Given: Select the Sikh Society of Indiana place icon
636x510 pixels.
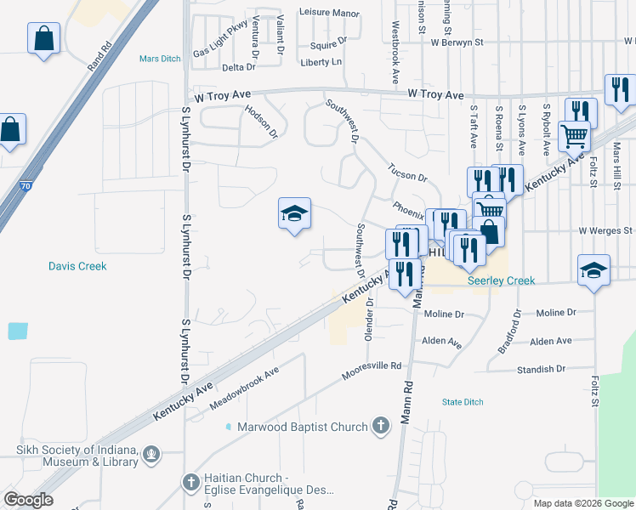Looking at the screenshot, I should (151, 455).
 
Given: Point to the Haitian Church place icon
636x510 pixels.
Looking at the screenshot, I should (191, 483).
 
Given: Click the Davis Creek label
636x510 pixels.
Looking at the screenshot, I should (77, 266).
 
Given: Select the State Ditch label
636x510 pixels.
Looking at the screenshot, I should (463, 401).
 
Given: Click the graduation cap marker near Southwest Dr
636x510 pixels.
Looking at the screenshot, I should (294, 215).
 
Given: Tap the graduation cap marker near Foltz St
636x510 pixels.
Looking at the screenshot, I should (593, 270).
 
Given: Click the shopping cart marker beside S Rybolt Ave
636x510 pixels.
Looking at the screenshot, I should (575, 134).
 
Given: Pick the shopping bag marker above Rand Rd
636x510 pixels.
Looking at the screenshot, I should (43, 38).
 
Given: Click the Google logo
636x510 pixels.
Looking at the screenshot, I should (28, 500).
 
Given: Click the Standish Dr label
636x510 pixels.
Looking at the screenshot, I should (542, 370).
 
